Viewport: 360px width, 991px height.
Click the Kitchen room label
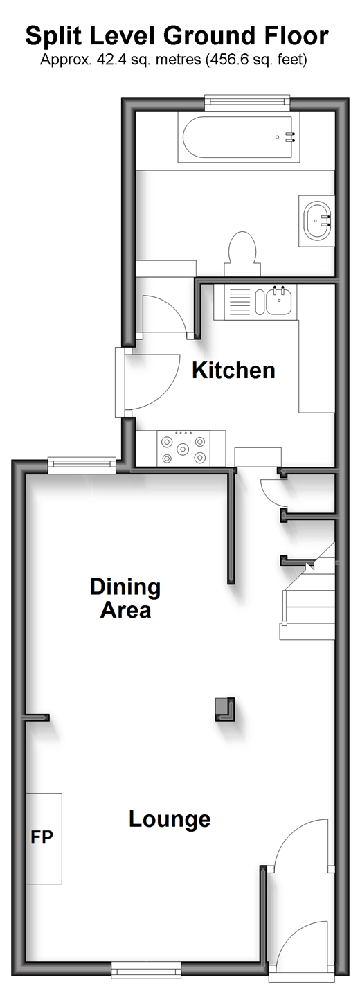(x=233, y=370)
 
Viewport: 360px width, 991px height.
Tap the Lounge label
(x=170, y=819)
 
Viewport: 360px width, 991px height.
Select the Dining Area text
(x=125, y=598)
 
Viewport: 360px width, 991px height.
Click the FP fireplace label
(x=42, y=837)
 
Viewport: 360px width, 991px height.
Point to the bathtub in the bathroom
(x=240, y=136)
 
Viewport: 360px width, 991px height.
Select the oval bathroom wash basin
(x=317, y=220)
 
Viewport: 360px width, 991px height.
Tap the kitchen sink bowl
(x=279, y=301)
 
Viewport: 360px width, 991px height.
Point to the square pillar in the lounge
(x=225, y=709)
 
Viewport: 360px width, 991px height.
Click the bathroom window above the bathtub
(x=246, y=102)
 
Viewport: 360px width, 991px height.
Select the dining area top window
(x=82, y=464)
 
